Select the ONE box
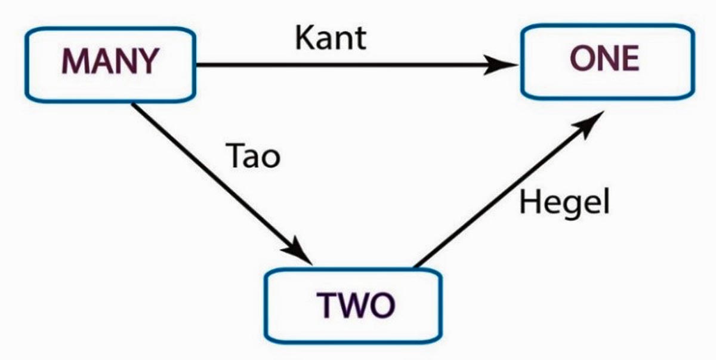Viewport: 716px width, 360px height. tap(607, 60)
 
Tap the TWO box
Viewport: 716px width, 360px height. tap(354, 305)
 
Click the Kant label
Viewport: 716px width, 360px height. tap(330, 38)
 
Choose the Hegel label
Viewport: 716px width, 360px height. tap(564, 203)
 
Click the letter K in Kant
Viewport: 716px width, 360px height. tap(305, 38)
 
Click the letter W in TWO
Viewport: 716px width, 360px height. tap(353, 305)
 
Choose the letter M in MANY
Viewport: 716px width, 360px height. tap(75, 61)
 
